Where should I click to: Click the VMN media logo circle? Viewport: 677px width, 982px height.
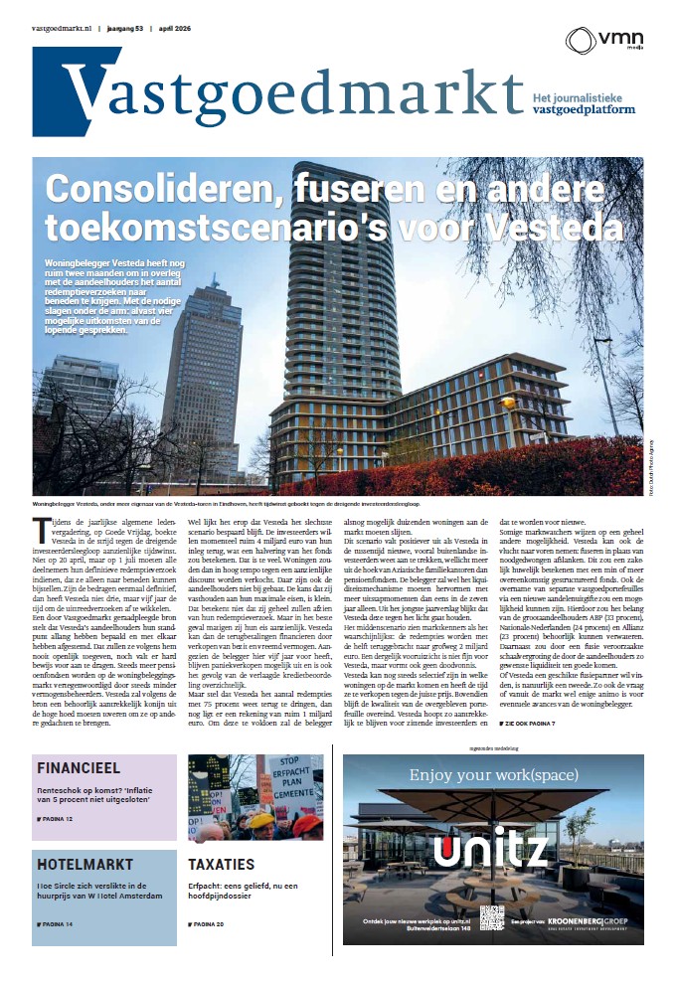click(x=581, y=41)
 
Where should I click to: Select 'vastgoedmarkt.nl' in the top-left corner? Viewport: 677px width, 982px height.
click(x=61, y=28)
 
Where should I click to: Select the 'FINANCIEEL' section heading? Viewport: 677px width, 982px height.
click(x=79, y=768)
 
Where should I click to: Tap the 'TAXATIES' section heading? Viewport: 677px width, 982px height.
click(x=221, y=864)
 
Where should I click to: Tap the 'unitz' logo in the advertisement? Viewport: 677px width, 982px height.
click(x=490, y=851)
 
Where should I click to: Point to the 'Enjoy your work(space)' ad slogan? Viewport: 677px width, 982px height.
click(x=490, y=773)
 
